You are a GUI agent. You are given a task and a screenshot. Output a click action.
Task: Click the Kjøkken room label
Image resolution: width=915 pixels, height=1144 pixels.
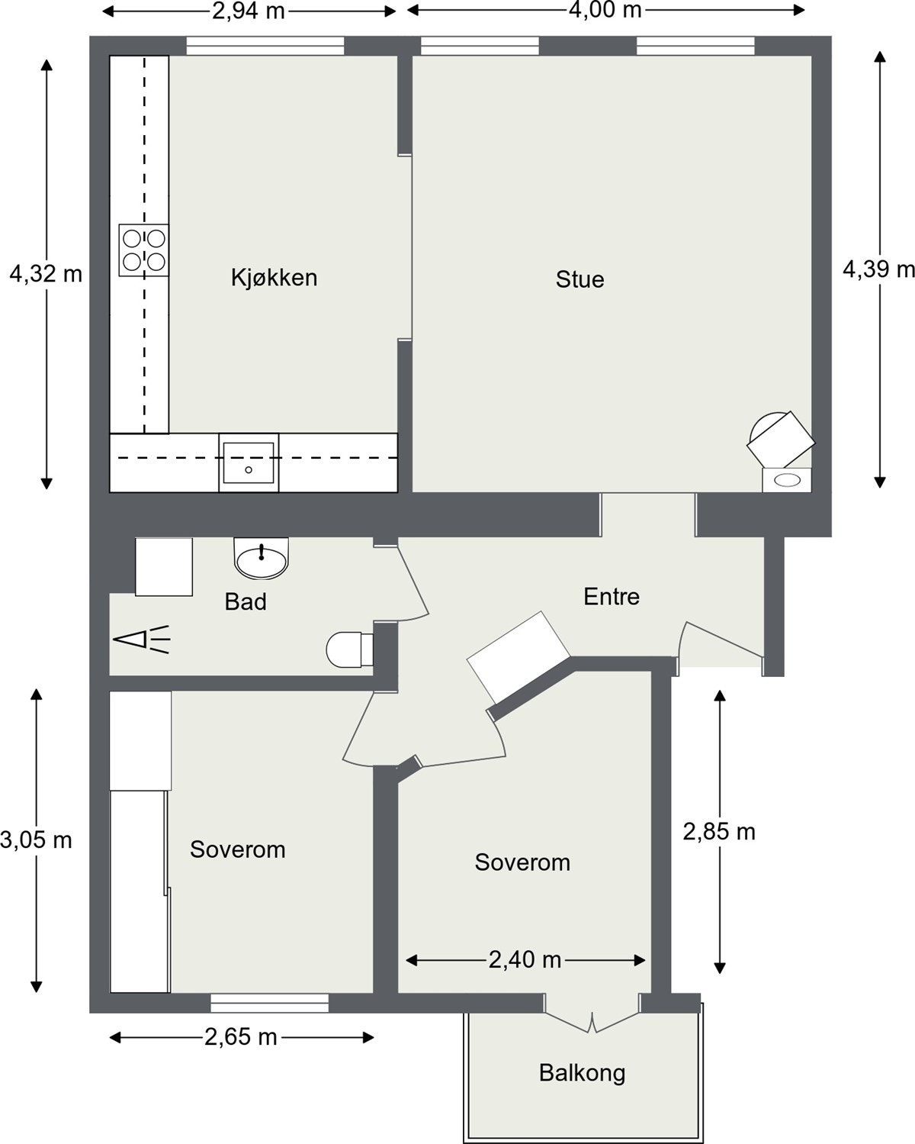(x=274, y=277)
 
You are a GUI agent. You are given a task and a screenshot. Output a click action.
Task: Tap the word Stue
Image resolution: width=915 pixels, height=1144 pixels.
(x=579, y=279)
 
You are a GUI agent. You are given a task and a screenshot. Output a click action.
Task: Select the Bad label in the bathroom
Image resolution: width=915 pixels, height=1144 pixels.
(x=246, y=602)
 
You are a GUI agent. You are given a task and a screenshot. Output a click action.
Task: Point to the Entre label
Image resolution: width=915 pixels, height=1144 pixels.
(x=611, y=596)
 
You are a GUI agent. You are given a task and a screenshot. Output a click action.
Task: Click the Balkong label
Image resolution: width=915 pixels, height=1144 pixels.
(x=582, y=1073)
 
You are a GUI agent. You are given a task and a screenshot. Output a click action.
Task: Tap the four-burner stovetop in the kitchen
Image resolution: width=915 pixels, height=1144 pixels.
(x=144, y=250)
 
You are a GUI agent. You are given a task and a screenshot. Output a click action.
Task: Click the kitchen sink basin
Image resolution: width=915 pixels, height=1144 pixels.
(x=249, y=462)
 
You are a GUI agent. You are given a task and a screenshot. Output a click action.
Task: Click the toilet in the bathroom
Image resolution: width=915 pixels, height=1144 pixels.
(x=348, y=649)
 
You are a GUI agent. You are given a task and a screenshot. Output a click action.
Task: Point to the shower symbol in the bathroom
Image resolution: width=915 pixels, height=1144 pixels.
(x=142, y=640)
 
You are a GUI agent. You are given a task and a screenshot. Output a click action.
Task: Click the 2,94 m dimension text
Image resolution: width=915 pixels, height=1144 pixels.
(x=249, y=11)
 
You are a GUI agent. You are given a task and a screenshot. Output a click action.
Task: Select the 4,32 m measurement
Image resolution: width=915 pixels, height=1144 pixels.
(x=45, y=274)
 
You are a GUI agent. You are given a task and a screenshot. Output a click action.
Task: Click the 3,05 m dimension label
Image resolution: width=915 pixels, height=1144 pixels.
(x=36, y=840)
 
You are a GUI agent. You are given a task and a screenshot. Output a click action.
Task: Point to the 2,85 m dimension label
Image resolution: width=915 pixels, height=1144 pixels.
(x=718, y=832)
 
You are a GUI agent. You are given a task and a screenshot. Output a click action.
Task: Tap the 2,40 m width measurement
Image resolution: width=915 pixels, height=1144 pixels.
(x=525, y=960)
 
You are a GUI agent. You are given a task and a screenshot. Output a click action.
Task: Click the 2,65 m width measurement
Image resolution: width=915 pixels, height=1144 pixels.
(x=240, y=1037)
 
